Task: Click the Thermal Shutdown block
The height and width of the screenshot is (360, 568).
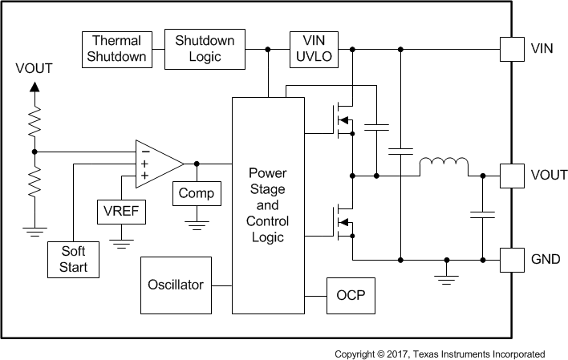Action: click(x=117, y=49)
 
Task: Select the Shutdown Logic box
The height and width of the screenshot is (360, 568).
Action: click(x=205, y=49)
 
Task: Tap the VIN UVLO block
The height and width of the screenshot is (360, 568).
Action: click(x=313, y=49)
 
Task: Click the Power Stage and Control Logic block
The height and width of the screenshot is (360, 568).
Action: click(x=268, y=205)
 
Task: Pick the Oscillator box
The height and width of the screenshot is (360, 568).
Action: click(x=176, y=285)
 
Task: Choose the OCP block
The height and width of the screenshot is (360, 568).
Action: click(x=350, y=295)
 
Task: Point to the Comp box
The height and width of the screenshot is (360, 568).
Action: click(x=196, y=193)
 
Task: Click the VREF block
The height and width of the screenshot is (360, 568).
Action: click(x=121, y=212)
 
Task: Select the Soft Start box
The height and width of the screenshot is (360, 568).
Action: click(x=74, y=259)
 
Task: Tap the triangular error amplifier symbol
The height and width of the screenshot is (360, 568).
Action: click(x=159, y=163)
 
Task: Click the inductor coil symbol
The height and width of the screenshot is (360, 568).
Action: click(x=444, y=166)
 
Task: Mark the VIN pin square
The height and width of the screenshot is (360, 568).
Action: click(x=511, y=49)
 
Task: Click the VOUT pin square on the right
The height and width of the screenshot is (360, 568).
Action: click(x=511, y=175)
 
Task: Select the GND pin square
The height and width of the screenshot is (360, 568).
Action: click(x=511, y=259)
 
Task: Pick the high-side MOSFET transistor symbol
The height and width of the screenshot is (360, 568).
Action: click(x=343, y=122)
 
